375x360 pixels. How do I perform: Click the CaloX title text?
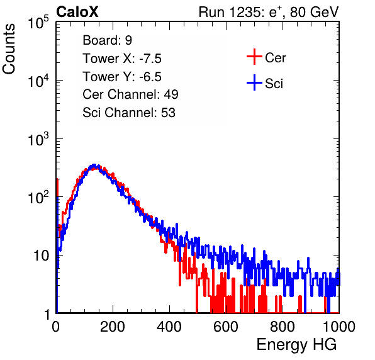click(x=77, y=12)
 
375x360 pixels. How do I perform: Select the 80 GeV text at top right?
click(x=314, y=12)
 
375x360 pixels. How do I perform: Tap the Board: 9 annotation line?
click(x=108, y=40)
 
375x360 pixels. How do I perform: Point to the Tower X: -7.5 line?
click(x=122, y=59)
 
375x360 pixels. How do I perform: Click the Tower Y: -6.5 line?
click(x=122, y=77)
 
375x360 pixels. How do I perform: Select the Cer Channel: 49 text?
click(x=130, y=94)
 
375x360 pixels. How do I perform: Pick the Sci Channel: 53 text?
click(x=129, y=113)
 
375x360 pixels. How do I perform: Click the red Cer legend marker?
click(x=254, y=57)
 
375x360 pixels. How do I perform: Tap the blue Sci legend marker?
click(x=254, y=83)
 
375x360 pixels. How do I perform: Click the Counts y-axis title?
click(x=9, y=49)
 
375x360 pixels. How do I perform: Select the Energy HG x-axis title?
click(x=296, y=344)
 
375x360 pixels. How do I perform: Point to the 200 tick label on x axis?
click(x=113, y=327)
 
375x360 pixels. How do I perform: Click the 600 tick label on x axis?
click(x=226, y=327)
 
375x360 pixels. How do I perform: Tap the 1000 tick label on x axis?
click(x=339, y=327)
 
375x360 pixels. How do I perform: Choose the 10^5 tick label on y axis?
click(x=38, y=23)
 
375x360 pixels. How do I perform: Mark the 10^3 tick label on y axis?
click(x=38, y=140)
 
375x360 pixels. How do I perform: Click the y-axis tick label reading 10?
click(x=41, y=256)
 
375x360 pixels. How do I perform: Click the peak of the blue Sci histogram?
click(x=94, y=165)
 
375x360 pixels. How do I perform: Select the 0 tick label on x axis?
click(x=56, y=327)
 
